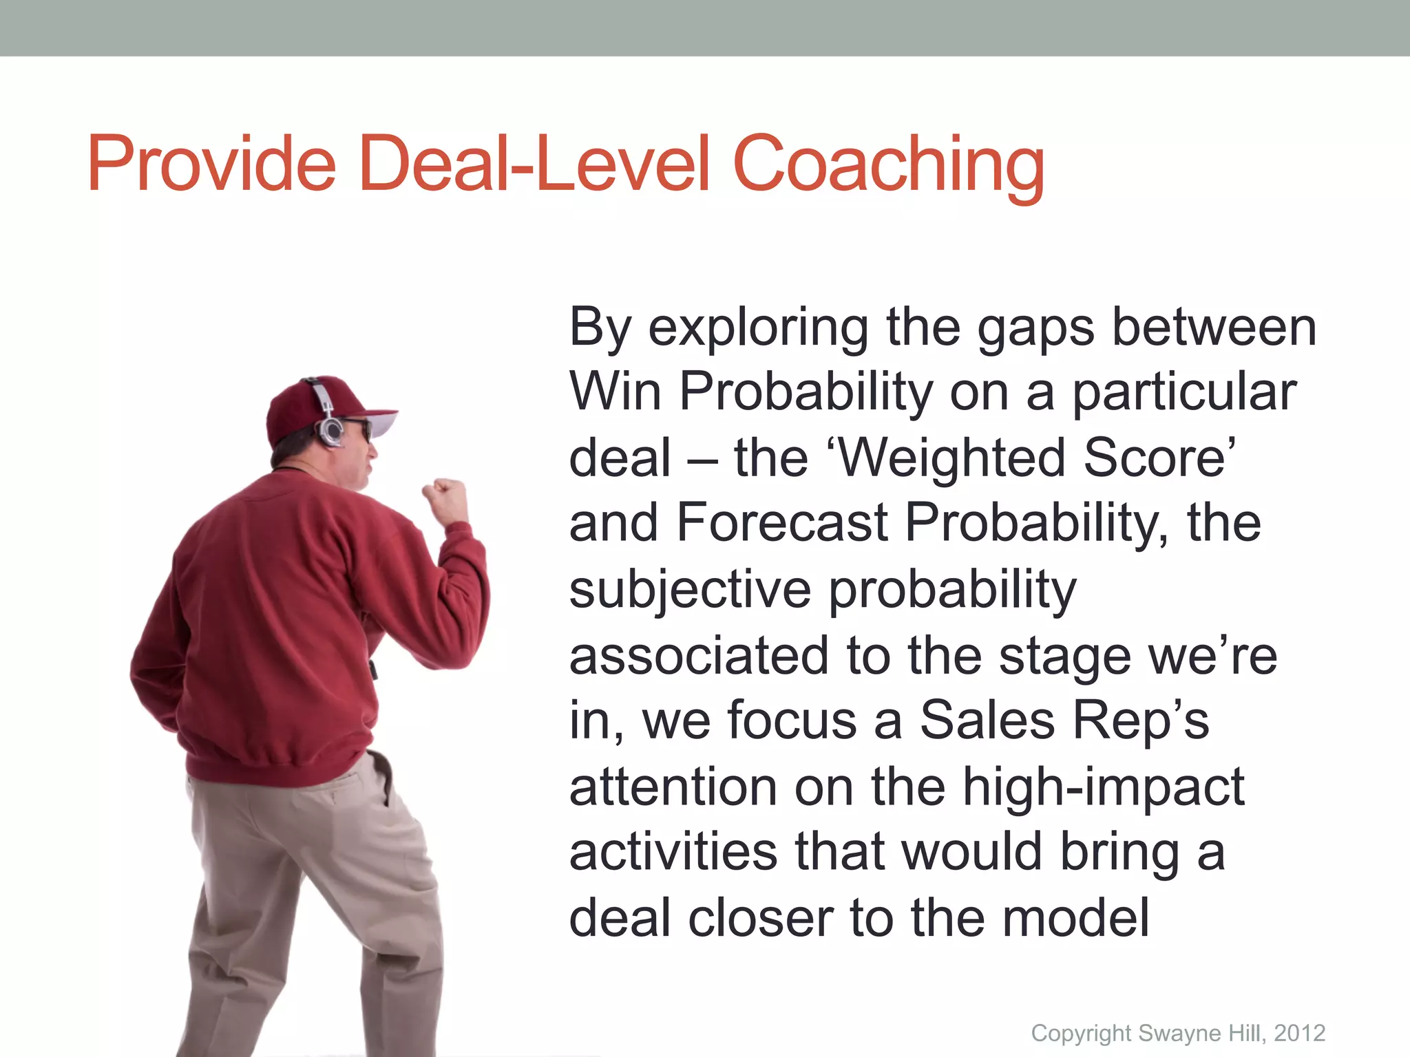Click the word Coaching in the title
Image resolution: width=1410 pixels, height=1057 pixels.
pos(888,165)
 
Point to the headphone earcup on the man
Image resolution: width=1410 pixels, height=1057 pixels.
pos(331,431)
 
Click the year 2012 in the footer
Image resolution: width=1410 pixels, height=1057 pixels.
pos(1299,1033)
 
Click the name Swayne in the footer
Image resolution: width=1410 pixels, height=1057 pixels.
pos(1177,1033)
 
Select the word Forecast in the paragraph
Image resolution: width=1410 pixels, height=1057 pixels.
pos(782,523)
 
